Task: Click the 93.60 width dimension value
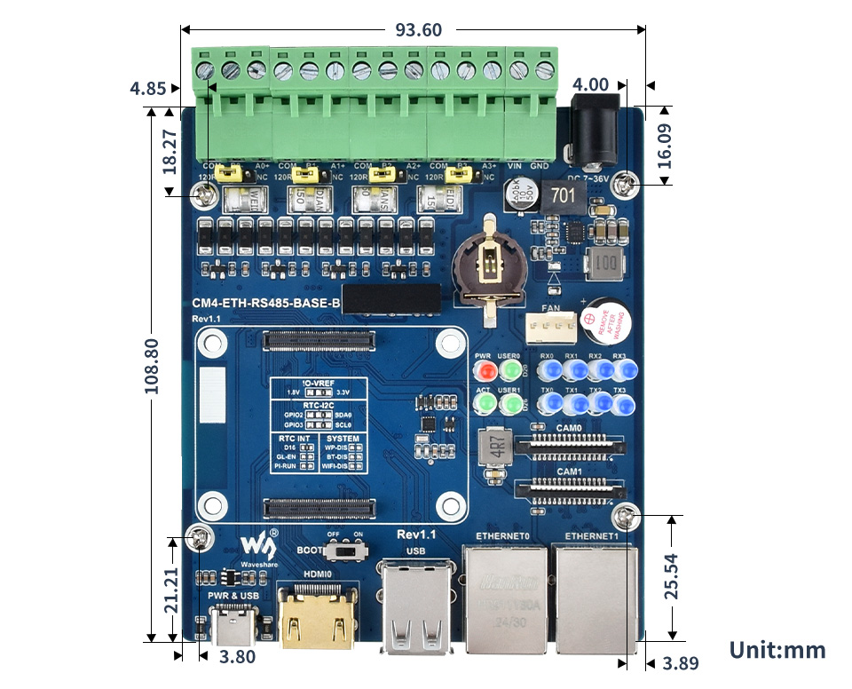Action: coord(418,30)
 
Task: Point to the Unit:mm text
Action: coord(777,650)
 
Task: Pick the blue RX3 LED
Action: coord(619,370)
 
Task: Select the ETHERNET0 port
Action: coord(503,590)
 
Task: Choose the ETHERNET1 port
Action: coord(595,590)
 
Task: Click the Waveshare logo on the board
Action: coord(256,543)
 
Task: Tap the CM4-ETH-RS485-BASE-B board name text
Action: coord(266,305)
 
